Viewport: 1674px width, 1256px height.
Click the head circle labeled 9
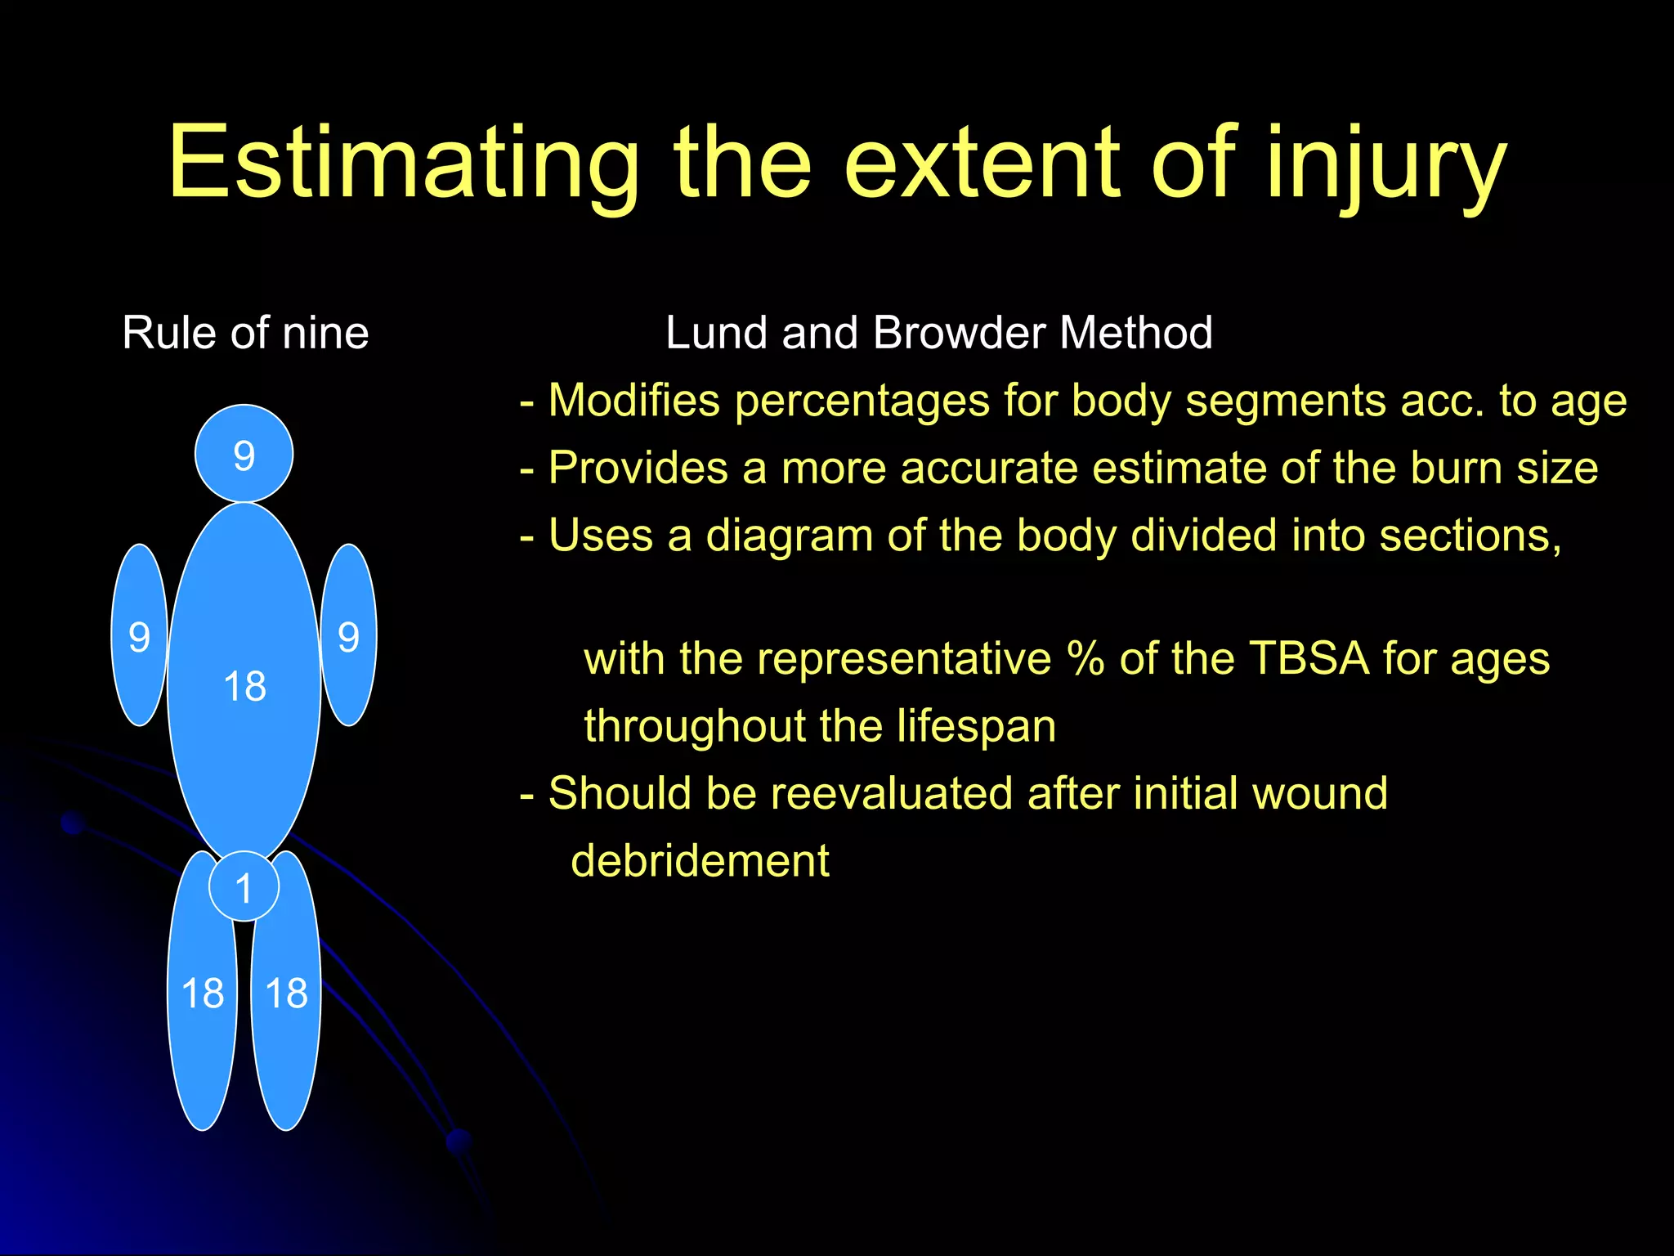point(244,454)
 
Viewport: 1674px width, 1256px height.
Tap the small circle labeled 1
point(244,887)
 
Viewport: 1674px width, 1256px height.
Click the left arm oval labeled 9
point(140,635)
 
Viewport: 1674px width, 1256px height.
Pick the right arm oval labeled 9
point(349,635)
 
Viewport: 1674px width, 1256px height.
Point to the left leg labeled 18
point(202,993)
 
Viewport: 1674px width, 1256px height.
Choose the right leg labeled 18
point(286,993)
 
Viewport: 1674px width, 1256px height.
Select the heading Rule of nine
point(245,333)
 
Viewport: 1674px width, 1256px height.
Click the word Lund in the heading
point(715,333)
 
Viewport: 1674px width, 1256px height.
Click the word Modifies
point(633,401)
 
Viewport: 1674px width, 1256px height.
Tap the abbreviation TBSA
point(1308,658)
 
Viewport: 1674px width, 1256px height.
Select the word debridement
point(700,860)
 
